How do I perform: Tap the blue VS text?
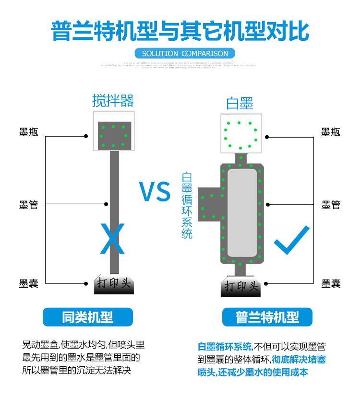pyautogui.click(x=155, y=191)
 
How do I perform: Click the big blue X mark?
pyautogui.click(x=112, y=238)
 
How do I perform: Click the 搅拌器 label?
pyautogui.click(x=113, y=101)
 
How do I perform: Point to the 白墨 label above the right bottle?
pyautogui.click(x=240, y=103)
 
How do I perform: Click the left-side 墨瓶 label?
pyautogui.click(x=29, y=132)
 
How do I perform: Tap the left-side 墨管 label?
pyautogui.click(x=29, y=205)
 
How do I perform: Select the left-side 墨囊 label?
pyautogui.click(x=29, y=283)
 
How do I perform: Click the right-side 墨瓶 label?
pyautogui.click(x=331, y=132)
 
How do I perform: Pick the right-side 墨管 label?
pyautogui.click(x=331, y=205)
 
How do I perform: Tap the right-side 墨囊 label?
pyautogui.click(x=331, y=283)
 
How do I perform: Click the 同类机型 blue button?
pyautogui.click(x=87, y=317)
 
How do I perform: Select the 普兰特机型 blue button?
pyautogui.click(x=267, y=317)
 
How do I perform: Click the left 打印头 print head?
pyautogui.click(x=114, y=285)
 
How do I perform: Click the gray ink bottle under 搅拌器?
pyautogui.click(x=114, y=135)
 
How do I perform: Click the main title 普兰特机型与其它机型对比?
pyautogui.click(x=180, y=30)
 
